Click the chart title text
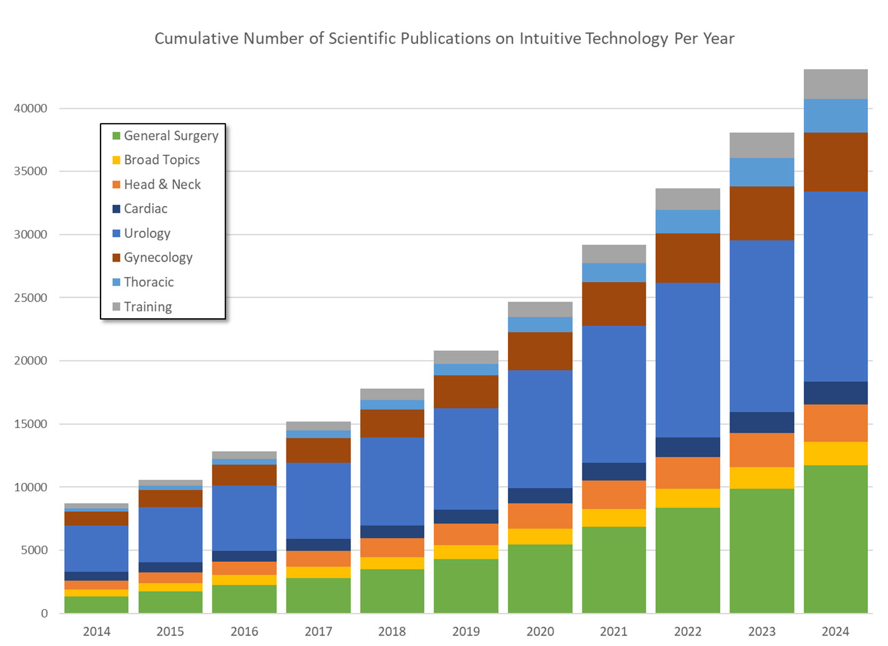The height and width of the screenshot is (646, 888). (x=444, y=39)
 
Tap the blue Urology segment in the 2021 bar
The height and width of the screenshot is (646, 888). (x=614, y=394)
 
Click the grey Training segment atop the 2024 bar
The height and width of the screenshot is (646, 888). (x=836, y=84)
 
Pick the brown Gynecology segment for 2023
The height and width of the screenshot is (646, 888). (x=762, y=213)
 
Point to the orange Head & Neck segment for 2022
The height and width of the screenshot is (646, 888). (x=688, y=472)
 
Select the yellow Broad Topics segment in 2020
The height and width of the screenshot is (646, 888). (x=540, y=536)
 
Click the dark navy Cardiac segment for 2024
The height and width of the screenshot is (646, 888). (x=836, y=393)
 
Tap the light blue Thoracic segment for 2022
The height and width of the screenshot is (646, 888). (x=688, y=221)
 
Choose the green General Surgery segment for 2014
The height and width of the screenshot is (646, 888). (x=97, y=604)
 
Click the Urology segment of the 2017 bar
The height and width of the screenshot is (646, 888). (x=318, y=500)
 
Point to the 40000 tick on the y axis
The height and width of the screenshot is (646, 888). (x=31, y=109)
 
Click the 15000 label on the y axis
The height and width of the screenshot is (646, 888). (x=31, y=424)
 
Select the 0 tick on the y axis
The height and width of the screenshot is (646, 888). (x=44, y=614)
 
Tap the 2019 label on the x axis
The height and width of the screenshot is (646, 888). (x=466, y=631)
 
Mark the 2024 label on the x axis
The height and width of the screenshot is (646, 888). (x=836, y=631)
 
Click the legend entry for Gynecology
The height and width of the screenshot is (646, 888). (x=158, y=258)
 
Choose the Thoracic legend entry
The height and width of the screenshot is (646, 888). (x=149, y=282)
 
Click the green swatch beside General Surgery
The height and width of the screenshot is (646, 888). (x=116, y=136)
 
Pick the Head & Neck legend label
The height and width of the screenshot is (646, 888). (x=162, y=185)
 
